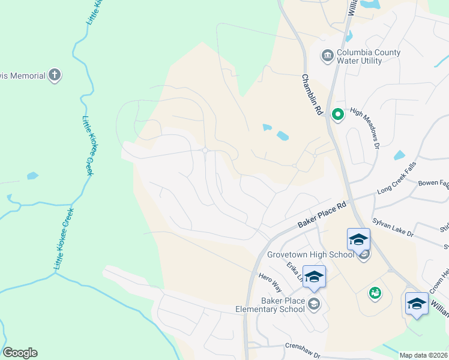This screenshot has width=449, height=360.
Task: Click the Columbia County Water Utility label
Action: click(x=369, y=56)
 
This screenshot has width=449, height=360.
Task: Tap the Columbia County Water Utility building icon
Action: click(x=327, y=56)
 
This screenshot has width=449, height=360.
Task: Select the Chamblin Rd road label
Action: click(x=313, y=95)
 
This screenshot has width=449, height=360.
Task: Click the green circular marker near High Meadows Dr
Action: click(x=337, y=113)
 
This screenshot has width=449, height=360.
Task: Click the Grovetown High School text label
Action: click(x=310, y=254)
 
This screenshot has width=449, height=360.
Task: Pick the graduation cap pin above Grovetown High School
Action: click(x=358, y=239)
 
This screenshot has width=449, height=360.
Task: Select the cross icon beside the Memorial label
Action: click(x=55, y=76)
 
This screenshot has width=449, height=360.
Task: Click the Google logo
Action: click(x=20, y=353)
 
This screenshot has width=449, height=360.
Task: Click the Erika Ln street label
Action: click(x=295, y=272)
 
